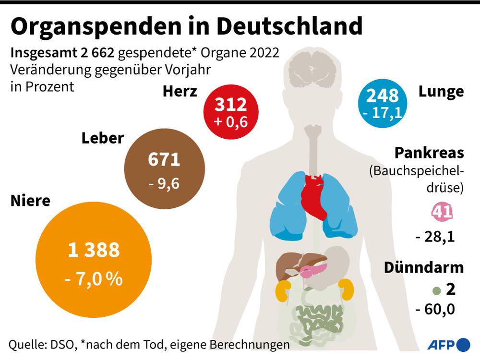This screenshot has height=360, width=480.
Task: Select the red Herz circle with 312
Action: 230,111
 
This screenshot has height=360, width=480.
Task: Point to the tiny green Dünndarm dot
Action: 436,290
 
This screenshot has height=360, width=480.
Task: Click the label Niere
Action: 30,201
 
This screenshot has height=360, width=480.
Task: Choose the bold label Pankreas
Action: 429,153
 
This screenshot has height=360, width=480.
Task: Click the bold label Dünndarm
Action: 423,268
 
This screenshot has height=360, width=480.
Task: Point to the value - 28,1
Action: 435,236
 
